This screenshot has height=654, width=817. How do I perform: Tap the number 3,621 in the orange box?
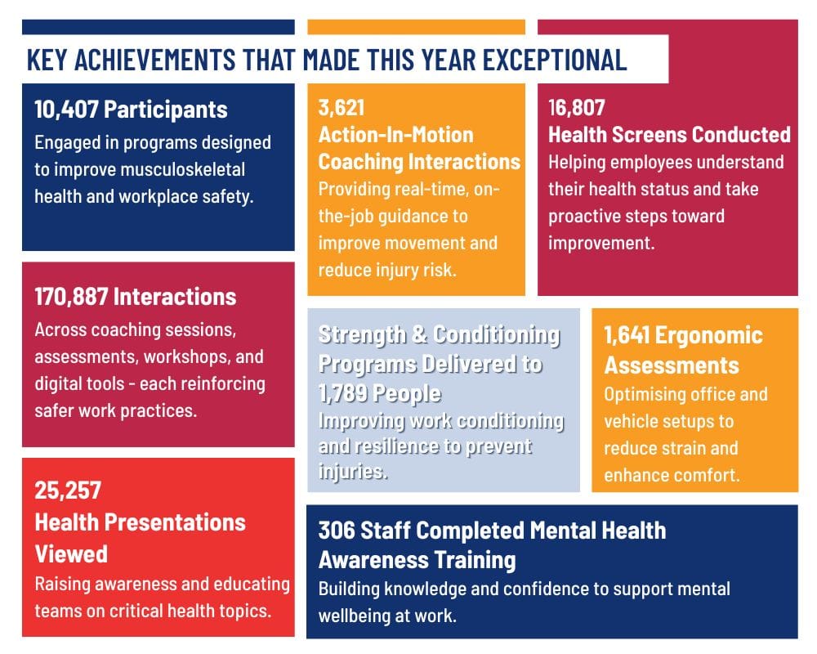click(341, 107)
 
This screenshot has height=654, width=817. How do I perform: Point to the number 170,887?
click(71, 296)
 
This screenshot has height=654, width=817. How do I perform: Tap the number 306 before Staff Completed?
click(335, 531)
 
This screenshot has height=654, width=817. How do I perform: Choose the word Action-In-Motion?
click(395, 134)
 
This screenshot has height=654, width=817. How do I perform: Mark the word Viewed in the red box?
click(71, 553)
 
